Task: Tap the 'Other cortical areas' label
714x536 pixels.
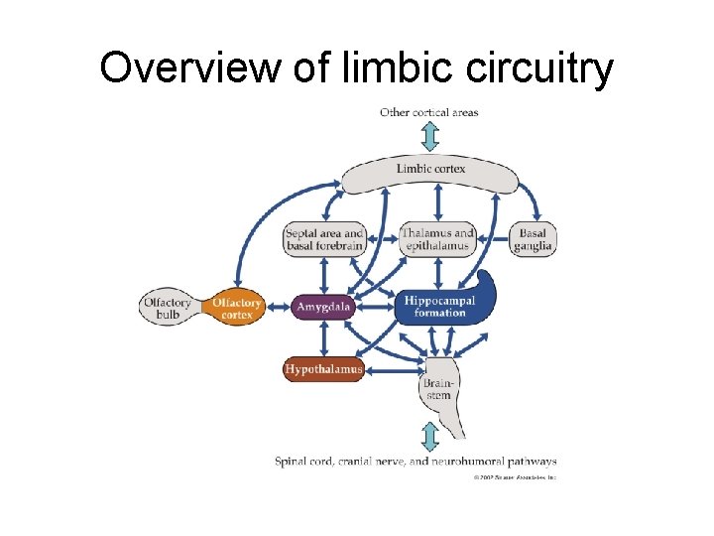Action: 428,112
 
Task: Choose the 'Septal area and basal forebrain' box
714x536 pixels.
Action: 324,238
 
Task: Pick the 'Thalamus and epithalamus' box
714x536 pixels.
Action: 436,238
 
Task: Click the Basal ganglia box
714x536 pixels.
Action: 533,238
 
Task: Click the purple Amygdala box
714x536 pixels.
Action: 324,308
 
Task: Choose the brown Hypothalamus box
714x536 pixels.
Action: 324,369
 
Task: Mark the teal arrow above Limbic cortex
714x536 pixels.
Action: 429,137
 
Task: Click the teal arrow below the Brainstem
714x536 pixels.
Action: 429,437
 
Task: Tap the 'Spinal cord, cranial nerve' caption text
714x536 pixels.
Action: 416,462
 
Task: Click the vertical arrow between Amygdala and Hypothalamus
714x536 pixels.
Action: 324,338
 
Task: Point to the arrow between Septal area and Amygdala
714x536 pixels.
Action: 324,273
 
